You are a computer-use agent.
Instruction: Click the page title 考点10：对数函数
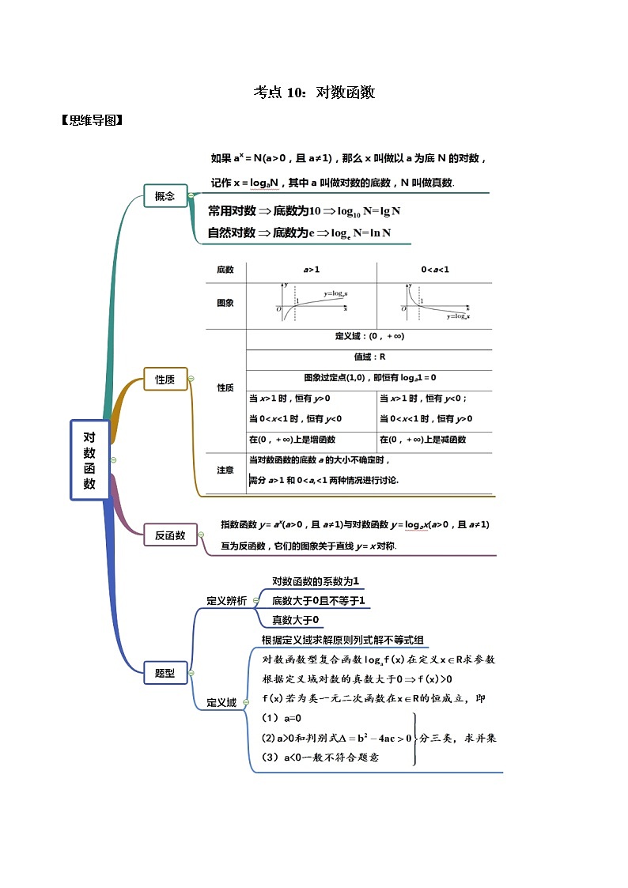[x=314, y=92]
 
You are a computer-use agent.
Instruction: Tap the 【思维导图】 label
[x=91, y=120]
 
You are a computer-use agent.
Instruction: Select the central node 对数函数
[x=89, y=459]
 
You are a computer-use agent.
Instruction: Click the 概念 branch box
[x=165, y=195]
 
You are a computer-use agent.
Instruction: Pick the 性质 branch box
[x=165, y=380]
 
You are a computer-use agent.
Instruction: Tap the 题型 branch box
[x=165, y=673]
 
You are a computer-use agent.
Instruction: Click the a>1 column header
[x=311, y=270]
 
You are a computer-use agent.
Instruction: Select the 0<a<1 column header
[x=434, y=270]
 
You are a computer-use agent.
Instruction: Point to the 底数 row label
[x=225, y=270]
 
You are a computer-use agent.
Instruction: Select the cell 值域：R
[x=369, y=357]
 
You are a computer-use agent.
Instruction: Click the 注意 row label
[x=225, y=470]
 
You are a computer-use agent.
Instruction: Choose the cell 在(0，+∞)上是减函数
[x=422, y=440]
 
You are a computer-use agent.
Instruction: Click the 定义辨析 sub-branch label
[x=226, y=600]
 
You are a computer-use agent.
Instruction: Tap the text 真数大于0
[x=295, y=620]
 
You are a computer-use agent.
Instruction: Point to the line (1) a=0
[x=282, y=718]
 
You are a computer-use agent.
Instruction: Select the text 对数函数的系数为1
[x=316, y=580]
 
